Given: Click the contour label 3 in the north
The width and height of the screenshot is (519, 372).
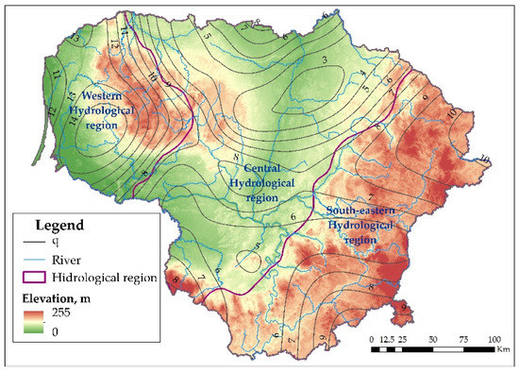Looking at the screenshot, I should coord(325,62).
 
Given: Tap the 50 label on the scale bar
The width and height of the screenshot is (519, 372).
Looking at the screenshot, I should coord(432,338).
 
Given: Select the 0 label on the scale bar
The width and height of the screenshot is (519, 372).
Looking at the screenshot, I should coord(372,338).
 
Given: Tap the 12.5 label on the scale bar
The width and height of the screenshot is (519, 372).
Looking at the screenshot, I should coord(387,338).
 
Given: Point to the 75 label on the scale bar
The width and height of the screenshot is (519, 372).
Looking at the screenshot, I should coord(462,338).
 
